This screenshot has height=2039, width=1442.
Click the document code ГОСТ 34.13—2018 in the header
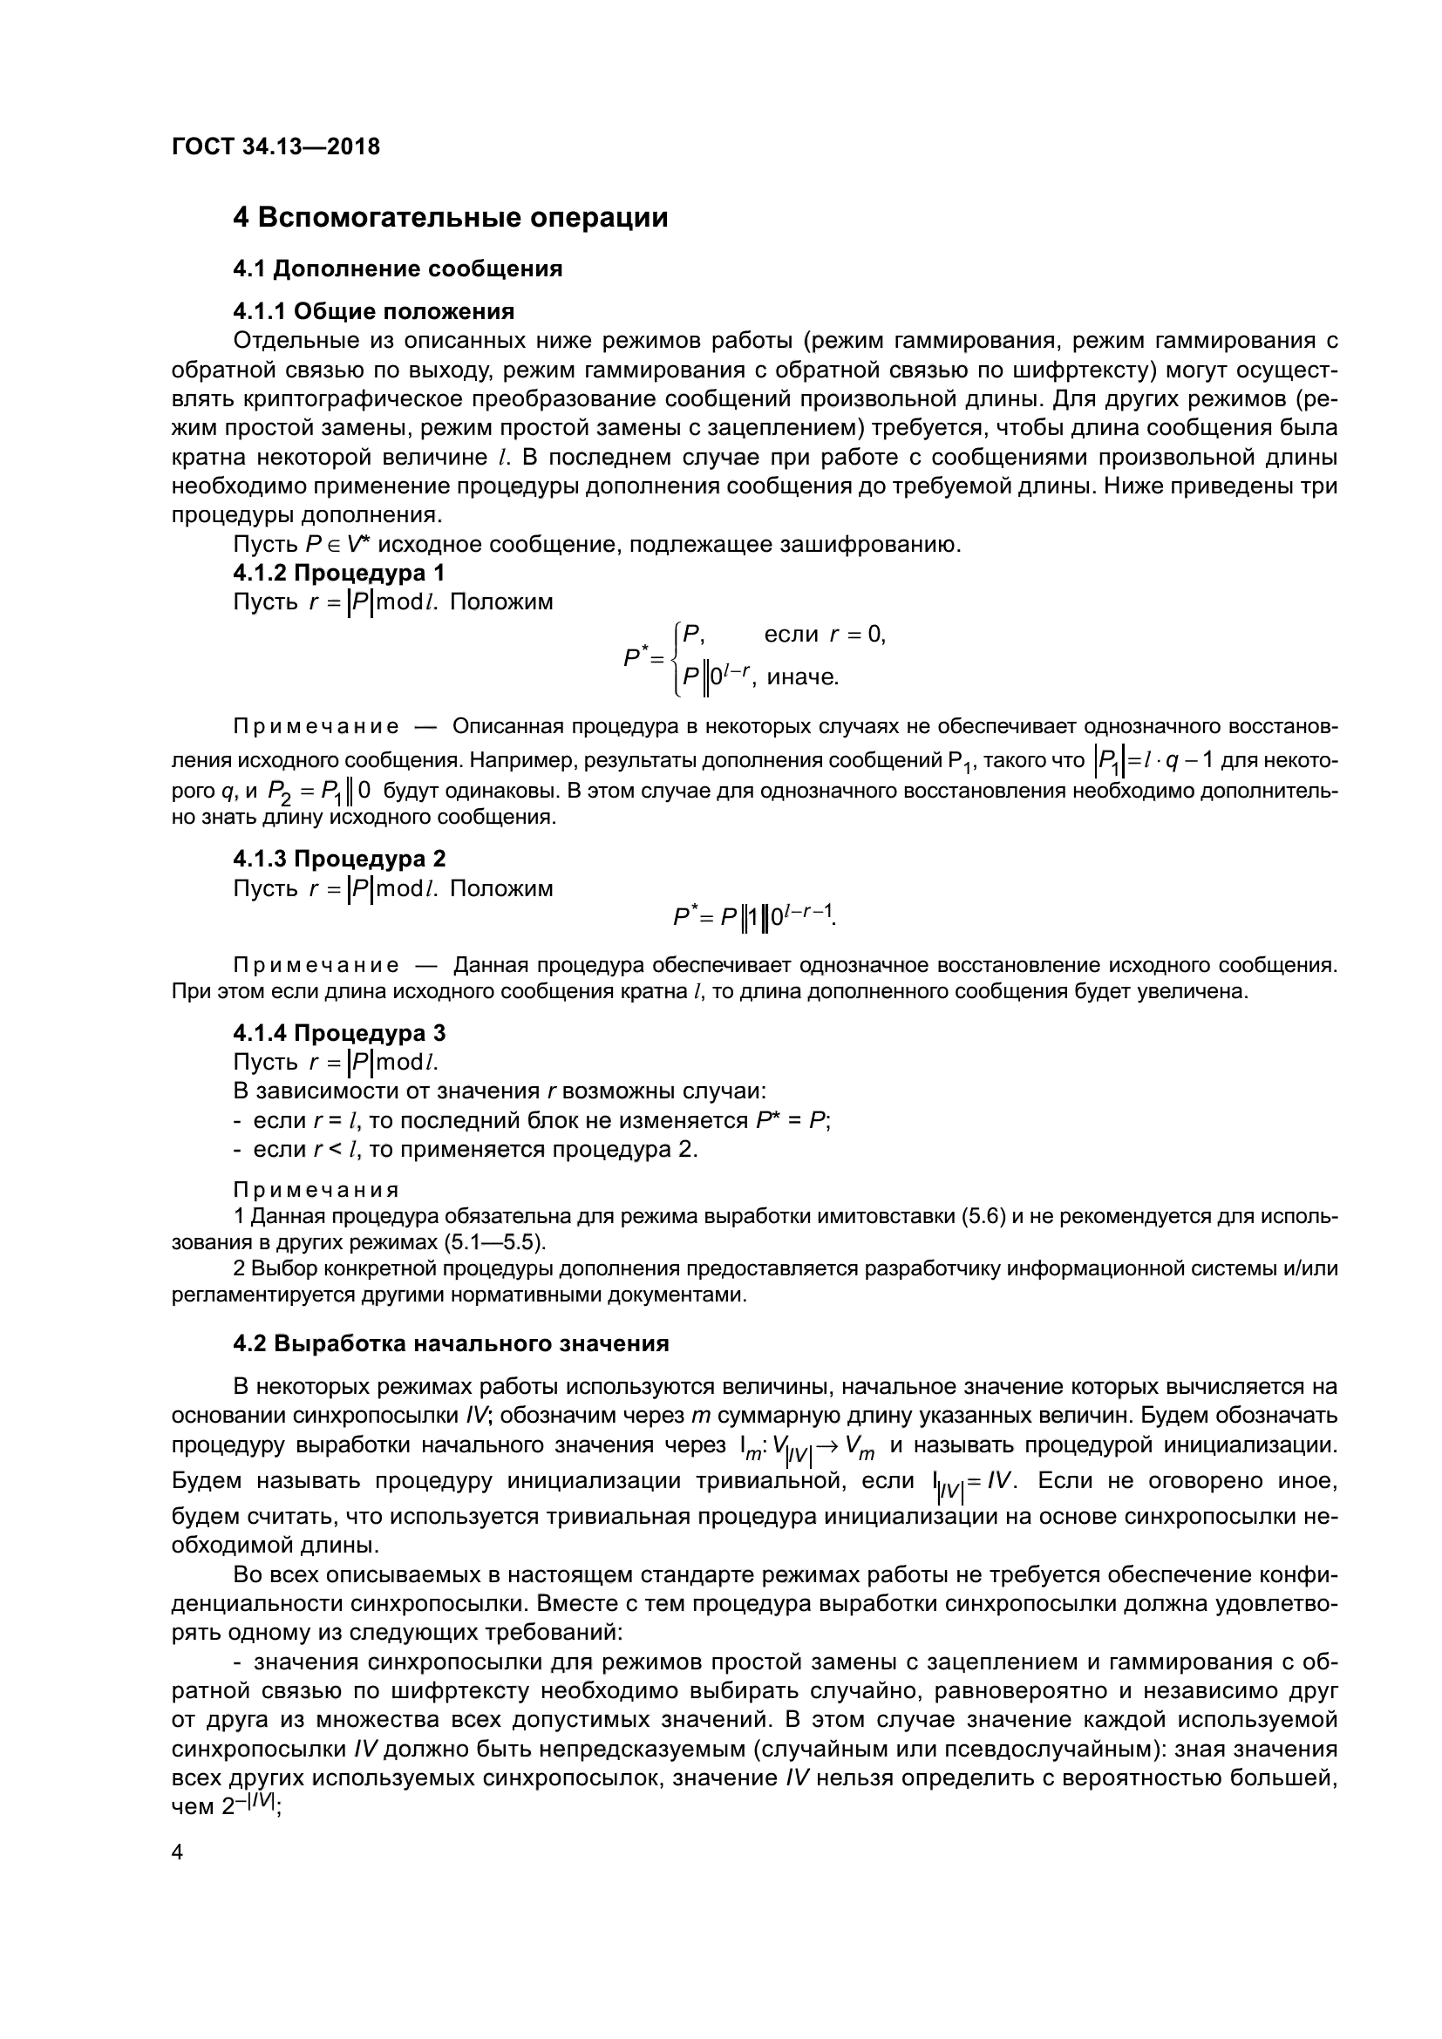275,146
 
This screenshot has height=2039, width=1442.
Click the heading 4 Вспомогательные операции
450,218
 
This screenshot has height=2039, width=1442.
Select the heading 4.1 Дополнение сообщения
398,269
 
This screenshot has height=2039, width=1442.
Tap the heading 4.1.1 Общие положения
374,311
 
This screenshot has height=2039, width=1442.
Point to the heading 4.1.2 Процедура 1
339,573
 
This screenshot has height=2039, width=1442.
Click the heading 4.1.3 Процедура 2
339,859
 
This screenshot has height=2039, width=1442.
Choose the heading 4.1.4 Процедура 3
339,1033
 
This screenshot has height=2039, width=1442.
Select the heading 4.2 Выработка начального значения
451,1343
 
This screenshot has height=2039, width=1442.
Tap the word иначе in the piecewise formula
802,677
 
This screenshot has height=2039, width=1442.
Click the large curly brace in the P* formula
677,657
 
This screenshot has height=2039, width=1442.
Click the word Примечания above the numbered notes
316,1190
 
